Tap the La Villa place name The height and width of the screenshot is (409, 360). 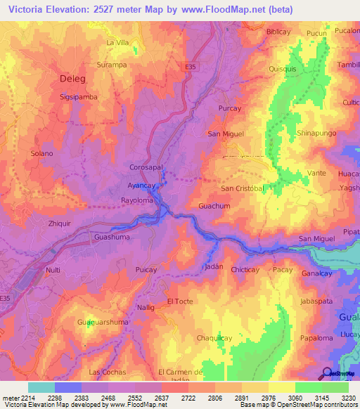[117, 42]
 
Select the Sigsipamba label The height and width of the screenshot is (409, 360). [78, 97]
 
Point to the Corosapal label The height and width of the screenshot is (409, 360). [146, 167]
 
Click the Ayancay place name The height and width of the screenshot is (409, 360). [141, 185]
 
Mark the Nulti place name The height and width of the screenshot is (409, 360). [53, 270]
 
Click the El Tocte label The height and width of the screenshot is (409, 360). [179, 301]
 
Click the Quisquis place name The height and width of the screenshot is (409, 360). [283, 69]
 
